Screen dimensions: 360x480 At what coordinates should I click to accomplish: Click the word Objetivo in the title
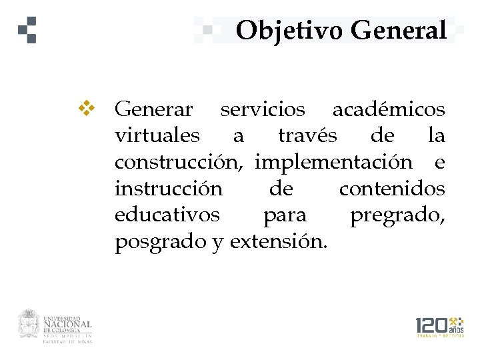point(289,30)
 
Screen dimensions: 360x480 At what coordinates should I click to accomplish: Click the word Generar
point(154,108)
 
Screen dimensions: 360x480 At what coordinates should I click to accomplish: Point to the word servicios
point(263,108)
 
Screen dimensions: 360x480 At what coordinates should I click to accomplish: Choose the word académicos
point(389,108)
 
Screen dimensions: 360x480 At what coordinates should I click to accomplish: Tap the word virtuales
point(157,135)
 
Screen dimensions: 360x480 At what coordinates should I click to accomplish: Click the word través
point(307,135)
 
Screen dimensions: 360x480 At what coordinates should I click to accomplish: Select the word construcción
point(181,162)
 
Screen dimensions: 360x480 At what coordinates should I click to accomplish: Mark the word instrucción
point(169,189)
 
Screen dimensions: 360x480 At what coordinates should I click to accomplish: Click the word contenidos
point(392,189)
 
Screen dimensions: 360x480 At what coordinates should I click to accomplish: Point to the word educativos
point(167,215)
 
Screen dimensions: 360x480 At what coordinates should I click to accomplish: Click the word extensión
point(279,242)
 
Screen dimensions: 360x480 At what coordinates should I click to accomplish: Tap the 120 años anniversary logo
point(439,327)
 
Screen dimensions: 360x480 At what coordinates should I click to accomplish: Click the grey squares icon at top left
point(28,29)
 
